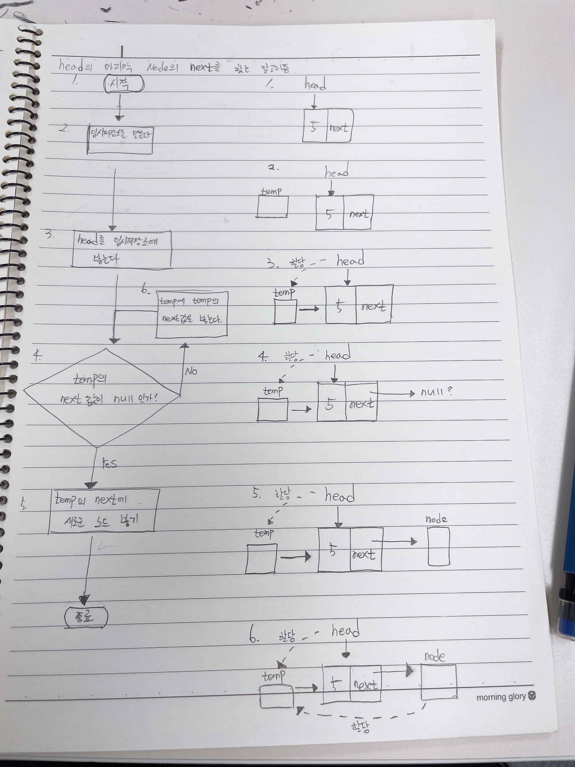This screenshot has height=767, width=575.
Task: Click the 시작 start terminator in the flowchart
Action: pyautogui.click(x=124, y=84)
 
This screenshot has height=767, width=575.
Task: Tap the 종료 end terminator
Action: pyautogui.click(x=86, y=618)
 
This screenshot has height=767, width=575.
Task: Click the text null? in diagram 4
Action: pyautogui.click(x=436, y=392)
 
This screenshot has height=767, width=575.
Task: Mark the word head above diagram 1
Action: pyautogui.click(x=315, y=84)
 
